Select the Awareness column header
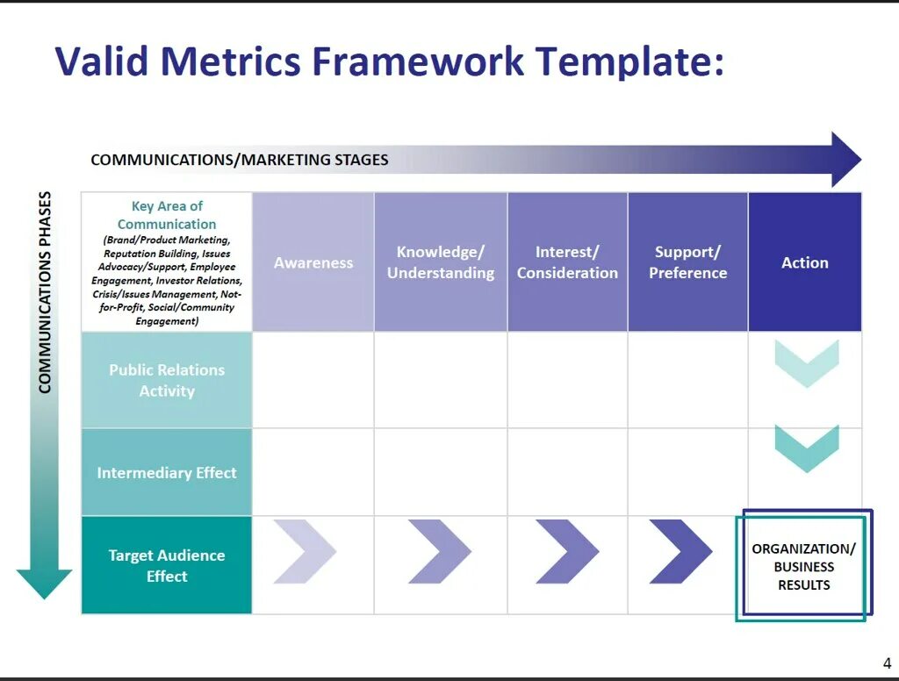point(313,262)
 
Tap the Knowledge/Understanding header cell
point(441,262)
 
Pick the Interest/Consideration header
point(567,262)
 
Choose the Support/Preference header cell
point(687,262)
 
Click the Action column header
point(804,262)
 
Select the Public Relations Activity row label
point(167,380)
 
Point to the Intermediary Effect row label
point(167,473)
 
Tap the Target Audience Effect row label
point(167,566)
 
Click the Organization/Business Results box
point(803,566)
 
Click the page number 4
point(886,663)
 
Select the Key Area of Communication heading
point(167,215)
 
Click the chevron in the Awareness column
point(304,551)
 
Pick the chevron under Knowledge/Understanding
point(439,551)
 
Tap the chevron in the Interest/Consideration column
point(567,551)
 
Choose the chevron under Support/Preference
point(680,551)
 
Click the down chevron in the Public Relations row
point(806,362)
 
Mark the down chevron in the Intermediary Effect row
point(806,448)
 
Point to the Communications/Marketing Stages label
point(240,160)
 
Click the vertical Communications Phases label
point(45,292)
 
